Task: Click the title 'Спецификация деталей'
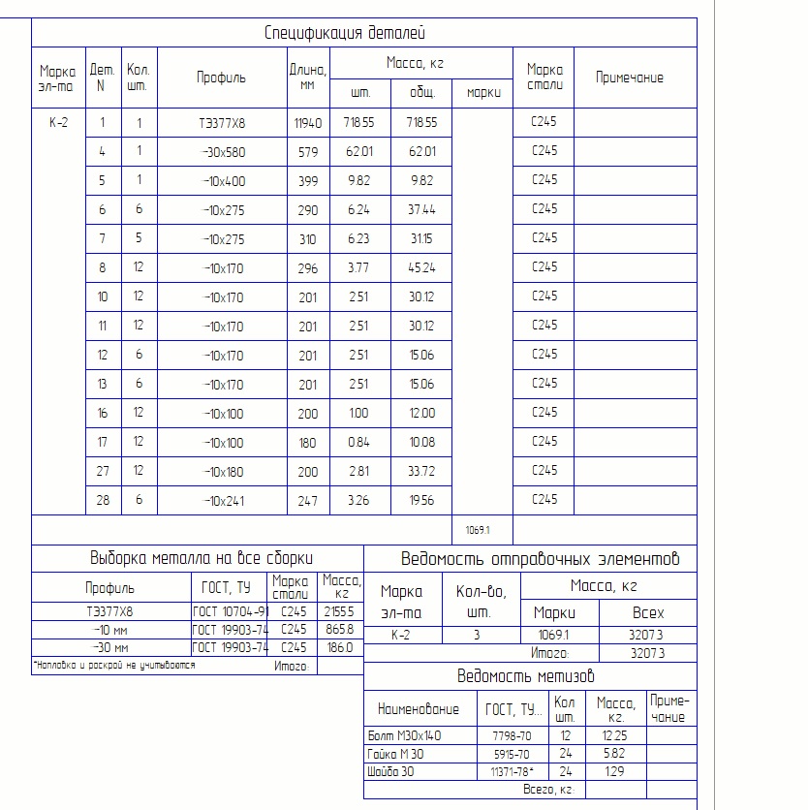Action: (x=344, y=33)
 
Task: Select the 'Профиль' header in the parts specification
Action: (x=221, y=78)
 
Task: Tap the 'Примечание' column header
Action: (x=629, y=78)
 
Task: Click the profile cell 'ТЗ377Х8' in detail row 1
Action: (x=221, y=123)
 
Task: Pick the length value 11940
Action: (x=307, y=123)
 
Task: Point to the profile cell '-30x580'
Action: (x=223, y=151)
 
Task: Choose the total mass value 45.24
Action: (x=421, y=267)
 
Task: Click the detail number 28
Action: (x=102, y=500)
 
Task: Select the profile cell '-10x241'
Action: (x=223, y=500)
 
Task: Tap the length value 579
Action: (x=307, y=151)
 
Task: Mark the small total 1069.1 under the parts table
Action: (x=478, y=530)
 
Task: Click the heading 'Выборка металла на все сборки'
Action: (x=202, y=558)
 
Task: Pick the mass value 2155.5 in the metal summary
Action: (x=343, y=611)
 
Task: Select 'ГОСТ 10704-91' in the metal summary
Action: (x=230, y=611)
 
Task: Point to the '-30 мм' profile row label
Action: (x=109, y=647)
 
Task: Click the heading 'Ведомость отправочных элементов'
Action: (x=540, y=559)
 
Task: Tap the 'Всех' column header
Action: (x=647, y=612)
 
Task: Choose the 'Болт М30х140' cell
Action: (x=405, y=735)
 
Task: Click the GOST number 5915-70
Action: (x=511, y=754)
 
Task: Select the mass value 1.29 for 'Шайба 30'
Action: (x=614, y=771)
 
